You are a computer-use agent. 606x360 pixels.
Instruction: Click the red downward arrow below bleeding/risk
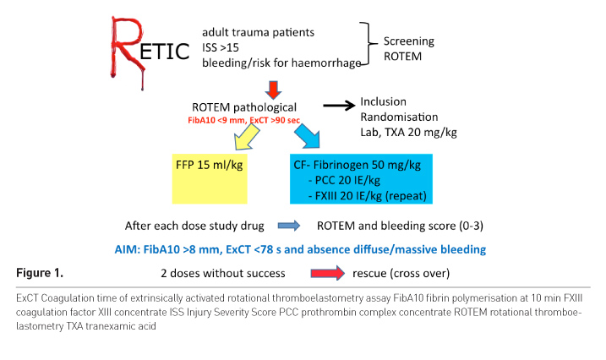pyautogui.click(x=271, y=89)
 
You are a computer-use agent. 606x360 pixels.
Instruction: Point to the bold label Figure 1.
pyautogui.click(x=42, y=273)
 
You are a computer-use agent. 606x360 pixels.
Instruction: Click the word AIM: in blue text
pyautogui.click(x=129, y=249)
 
